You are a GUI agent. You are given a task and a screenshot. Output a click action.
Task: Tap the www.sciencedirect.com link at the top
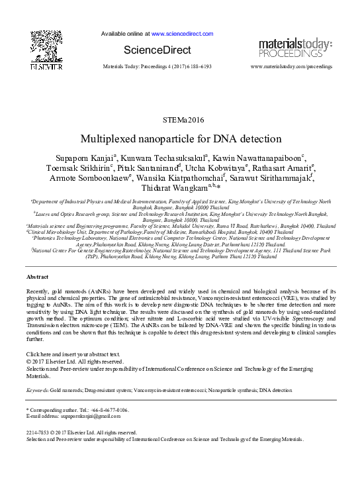pyautogui.click(x=182, y=33)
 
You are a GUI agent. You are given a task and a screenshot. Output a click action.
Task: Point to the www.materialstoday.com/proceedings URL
pyautogui.click(x=290, y=68)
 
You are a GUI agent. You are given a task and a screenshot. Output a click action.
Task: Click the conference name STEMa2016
pyautogui.click(x=179, y=119)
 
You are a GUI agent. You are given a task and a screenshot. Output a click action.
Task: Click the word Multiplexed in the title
pyautogui.click(x=106, y=140)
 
